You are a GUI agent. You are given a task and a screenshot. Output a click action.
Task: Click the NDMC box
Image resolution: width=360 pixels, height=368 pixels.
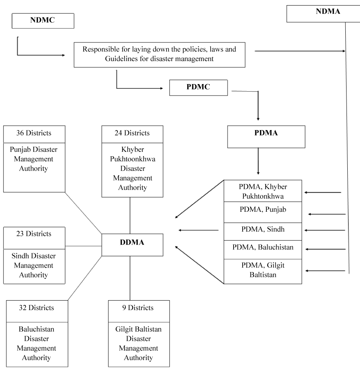(43, 21)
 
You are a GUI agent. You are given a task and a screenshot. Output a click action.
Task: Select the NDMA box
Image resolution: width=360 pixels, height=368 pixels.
(324, 14)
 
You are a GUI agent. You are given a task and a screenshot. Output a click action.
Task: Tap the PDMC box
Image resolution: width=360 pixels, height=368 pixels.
(199, 88)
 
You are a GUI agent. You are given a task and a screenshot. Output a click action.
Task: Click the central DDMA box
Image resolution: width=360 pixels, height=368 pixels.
(132, 245)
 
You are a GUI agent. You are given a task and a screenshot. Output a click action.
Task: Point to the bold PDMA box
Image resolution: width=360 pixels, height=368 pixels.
(266, 137)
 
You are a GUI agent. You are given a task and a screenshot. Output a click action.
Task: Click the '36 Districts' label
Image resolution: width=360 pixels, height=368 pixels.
(34, 133)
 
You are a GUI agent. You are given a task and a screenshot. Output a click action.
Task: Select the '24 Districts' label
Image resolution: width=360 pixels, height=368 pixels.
(132, 133)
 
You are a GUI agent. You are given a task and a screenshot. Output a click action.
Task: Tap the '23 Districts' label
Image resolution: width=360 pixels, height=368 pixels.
(34, 234)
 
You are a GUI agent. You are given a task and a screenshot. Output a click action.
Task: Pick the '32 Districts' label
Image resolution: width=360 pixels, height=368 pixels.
(36, 308)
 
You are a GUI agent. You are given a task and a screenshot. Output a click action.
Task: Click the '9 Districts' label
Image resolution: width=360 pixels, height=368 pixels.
(138, 308)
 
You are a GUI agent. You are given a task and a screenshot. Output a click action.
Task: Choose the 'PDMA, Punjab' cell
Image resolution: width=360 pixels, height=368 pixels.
(263, 212)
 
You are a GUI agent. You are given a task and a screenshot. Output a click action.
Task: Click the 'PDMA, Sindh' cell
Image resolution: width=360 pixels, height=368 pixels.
(263, 232)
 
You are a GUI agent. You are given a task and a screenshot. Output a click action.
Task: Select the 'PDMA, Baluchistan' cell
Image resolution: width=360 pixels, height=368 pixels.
(263, 250)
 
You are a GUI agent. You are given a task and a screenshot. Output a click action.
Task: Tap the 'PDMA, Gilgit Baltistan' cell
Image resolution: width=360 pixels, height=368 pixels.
(263, 272)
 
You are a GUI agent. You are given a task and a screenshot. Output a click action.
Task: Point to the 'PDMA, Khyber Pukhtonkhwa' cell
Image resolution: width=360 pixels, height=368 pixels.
(263, 191)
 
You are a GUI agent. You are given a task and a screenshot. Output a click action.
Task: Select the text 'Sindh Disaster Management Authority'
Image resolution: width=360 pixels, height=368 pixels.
(34, 265)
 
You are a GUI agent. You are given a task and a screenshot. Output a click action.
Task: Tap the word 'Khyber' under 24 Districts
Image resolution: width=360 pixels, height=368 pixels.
(132, 149)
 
